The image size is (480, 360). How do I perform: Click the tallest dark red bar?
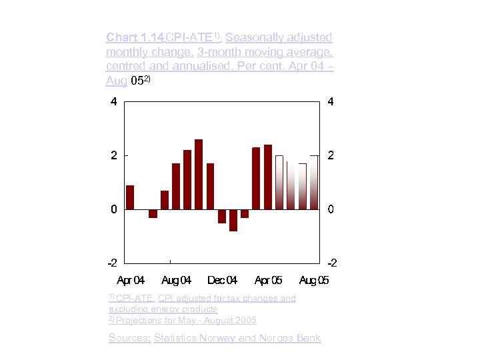(199, 174)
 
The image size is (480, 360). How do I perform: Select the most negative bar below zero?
(233, 220)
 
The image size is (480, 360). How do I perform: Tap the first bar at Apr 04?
(130, 197)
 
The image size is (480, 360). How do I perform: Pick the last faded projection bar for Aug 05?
(313, 182)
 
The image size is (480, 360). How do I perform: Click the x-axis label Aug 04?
(176, 280)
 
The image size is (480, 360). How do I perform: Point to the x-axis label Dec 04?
(222, 280)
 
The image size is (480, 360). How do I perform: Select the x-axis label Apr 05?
(268, 280)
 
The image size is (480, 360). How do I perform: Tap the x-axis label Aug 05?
(314, 280)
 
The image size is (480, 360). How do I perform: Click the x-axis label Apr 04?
(131, 280)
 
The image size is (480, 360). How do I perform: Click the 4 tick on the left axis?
(114, 102)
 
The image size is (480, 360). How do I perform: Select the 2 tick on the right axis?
(331, 155)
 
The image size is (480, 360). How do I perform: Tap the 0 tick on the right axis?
(331, 209)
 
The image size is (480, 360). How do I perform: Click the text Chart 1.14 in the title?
(135, 37)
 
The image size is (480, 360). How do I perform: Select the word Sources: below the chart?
(129, 338)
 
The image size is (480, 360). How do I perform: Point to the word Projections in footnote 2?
(137, 321)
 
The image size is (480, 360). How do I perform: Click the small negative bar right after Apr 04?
(153, 213)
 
